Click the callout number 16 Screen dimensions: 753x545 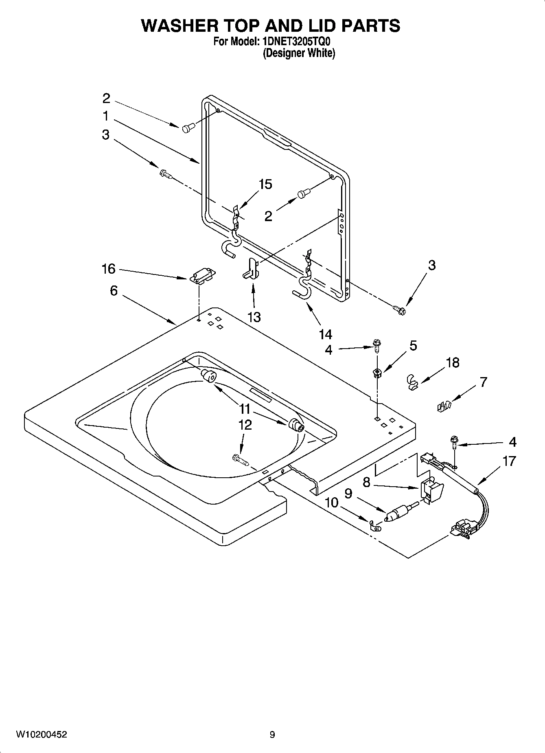point(108,269)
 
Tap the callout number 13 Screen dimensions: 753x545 point(254,317)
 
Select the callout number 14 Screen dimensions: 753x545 point(325,334)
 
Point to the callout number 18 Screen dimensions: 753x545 point(453,362)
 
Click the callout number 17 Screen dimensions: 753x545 point(509,461)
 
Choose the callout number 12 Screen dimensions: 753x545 point(245,425)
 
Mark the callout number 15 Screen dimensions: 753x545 point(265,184)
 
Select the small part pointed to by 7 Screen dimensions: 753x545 point(444,406)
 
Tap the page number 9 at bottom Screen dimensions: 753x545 point(272,735)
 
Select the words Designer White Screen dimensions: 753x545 point(298,53)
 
